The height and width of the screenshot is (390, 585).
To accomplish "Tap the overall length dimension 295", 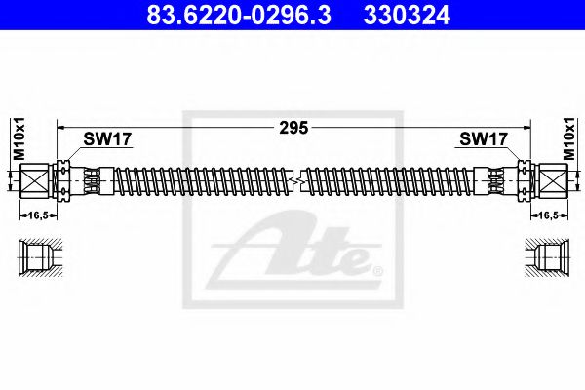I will click(293, 126).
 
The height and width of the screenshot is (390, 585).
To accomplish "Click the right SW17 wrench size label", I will click(482, 139).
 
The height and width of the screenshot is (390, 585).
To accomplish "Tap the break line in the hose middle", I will click(293, 180).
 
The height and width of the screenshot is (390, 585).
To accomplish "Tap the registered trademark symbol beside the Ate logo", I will click(377, 269).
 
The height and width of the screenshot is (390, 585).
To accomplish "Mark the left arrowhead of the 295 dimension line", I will click(60, 126).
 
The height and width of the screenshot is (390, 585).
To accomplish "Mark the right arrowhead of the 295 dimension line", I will click(526, 126).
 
